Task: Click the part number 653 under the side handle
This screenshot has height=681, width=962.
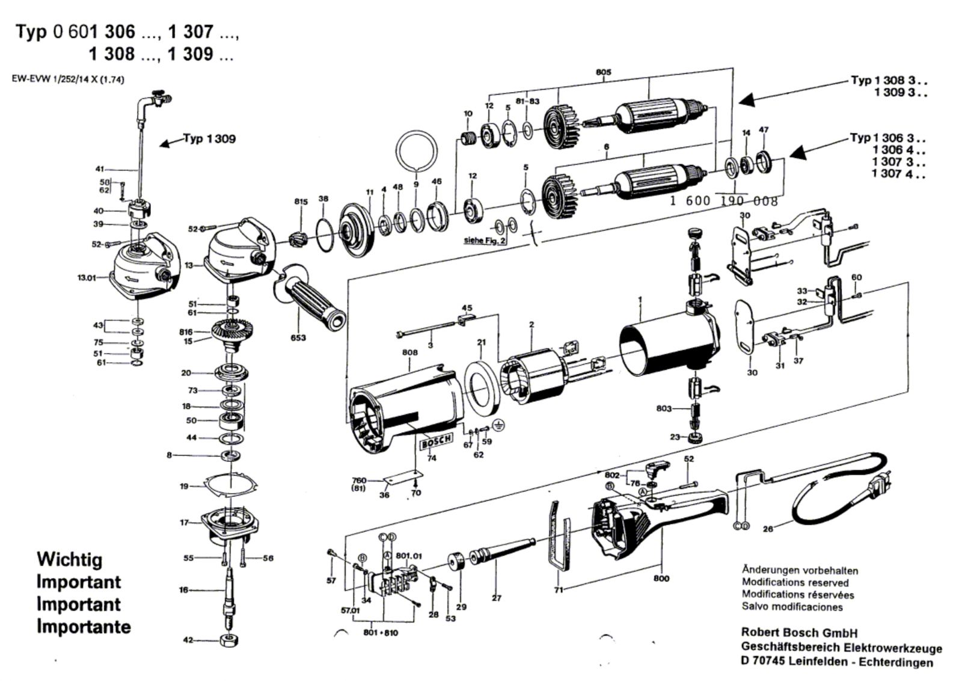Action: pos(298,337)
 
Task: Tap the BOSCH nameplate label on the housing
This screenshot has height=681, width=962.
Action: pos(437,441)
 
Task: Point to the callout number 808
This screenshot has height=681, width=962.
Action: pos(409,353)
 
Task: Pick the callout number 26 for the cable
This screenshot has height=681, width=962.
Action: pos(768,529)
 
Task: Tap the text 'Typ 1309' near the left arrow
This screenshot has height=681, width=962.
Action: pos(210,139)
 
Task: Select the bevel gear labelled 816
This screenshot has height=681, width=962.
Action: pos(233,331)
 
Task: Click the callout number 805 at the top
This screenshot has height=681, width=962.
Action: pos(604,72)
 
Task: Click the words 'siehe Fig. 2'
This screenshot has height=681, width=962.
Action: pos(485,240)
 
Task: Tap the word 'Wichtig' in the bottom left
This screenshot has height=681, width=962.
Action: pos(70,559)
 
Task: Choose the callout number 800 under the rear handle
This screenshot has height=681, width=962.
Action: pos(661,578)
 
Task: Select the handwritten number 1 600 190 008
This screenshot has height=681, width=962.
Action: pos(724,201)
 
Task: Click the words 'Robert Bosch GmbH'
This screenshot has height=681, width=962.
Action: pos(799,632)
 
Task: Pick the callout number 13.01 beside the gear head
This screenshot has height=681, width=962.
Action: pos(87,277)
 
